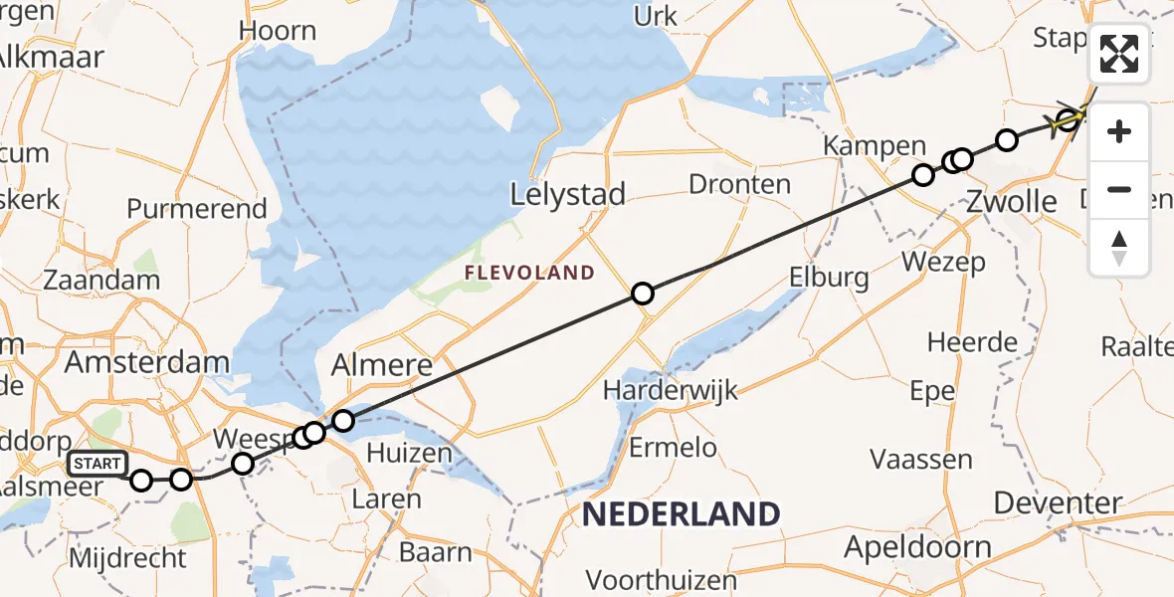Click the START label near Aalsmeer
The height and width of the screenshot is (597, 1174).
(98, 464)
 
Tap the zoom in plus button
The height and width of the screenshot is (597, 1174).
(1119, 131)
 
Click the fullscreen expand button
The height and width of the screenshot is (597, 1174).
(1119, 54)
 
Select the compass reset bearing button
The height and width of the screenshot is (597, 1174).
(1119, 247)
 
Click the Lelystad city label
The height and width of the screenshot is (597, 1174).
(567, 194)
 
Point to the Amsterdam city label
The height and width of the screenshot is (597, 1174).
(146, 361)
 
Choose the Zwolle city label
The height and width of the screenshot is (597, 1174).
(1013, 202)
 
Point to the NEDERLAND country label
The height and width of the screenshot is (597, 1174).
(682, 514)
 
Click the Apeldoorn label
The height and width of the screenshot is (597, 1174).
(917, 547)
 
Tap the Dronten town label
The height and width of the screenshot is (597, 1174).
(740, 184)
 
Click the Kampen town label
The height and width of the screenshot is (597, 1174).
(875, 146)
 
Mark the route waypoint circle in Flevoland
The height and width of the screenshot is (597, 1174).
(643, 294)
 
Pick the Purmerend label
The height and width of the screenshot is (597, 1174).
(197, 209)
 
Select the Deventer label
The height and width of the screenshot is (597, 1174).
(1059, 503)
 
